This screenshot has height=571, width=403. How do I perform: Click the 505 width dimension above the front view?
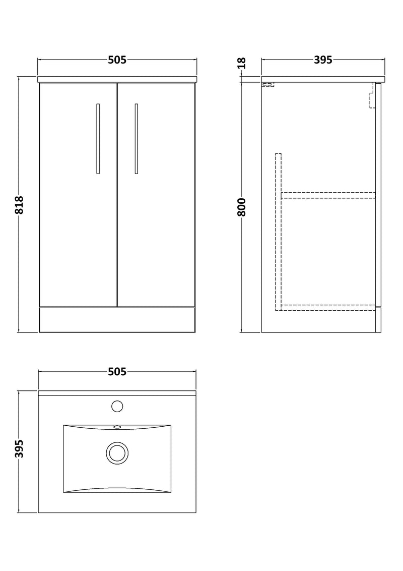coord(116,60)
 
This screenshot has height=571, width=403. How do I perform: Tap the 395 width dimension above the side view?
coord(322,60)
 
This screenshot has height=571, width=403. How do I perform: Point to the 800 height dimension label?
coord(242,206)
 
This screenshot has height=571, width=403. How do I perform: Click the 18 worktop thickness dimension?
coord(242,63)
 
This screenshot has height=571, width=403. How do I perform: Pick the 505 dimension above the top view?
coord(116,372)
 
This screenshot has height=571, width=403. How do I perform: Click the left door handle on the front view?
coord(98,139)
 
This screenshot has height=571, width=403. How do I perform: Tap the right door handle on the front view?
coord(136,139)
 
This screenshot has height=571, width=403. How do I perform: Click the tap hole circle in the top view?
coord(117,406)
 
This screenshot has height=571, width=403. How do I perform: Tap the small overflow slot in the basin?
coord(117,427)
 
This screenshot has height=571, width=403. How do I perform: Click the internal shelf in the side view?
coord(327,195)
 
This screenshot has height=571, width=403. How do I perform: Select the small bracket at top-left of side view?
coord(267,85)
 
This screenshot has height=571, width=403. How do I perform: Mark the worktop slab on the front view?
coord(117,79)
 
